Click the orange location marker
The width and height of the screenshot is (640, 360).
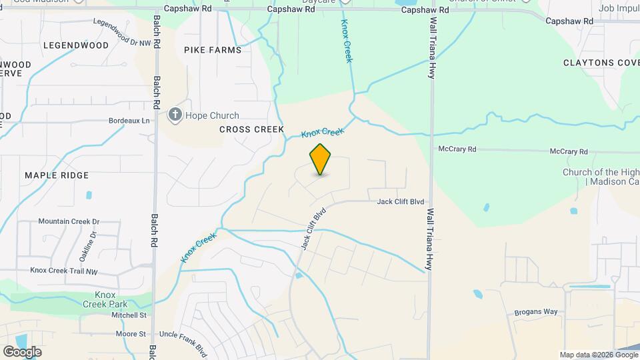click(x=321, y=159)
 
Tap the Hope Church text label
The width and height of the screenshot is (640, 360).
click(x=212, y=115)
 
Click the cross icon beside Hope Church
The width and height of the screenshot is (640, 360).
click(x=175, y=115)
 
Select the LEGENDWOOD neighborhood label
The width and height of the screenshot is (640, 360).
click(x=75, y=45)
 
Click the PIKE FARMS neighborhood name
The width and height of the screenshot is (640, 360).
click(x=213, y=50)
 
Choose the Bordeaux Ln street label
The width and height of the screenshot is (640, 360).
click(x=129, y=121)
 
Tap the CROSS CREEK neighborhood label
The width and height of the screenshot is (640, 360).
click(x=251, y=129)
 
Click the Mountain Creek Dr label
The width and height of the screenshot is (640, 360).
click(x=69, y=221)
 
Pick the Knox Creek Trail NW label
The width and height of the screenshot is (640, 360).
click(x=64, y=271)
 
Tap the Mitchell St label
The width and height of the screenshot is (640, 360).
click(x=129, y=315)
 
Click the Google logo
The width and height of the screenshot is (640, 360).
click(x=22, y=351)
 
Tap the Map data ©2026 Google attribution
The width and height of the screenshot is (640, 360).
click(x=597, y=355)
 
